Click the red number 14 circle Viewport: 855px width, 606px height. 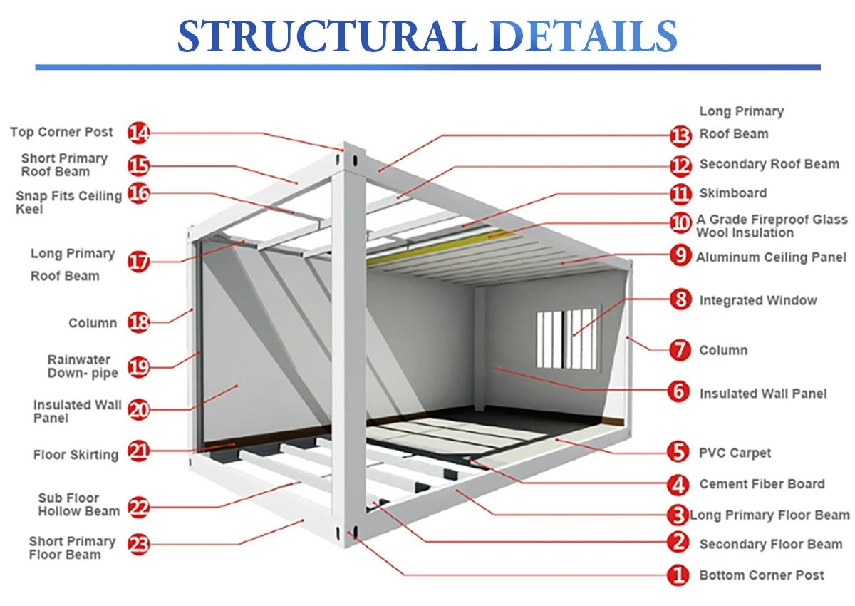[x=138, y=133]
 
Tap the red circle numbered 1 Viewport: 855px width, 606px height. [x=678, y=575]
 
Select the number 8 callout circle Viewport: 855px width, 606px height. [x=680, y=299]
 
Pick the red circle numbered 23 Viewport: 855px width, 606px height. [x=138, y=544]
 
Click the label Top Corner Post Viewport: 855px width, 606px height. [x=61, y=132]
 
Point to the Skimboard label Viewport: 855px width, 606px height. [x=733, y=193]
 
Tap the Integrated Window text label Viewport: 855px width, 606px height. [x=758, y=301]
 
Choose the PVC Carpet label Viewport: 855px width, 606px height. [x=735, y=453]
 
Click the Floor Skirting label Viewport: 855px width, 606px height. [x=76, y=455]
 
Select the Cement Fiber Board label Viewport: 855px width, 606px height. [x=762, y=484]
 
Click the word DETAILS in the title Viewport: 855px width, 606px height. [x=584, y=36]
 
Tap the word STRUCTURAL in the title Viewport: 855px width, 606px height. [x=328, y=36]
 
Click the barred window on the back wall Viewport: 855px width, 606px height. [x=567, y=339]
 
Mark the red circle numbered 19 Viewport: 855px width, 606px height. [x=138, y=367]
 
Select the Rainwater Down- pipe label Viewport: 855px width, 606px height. [x=83, y=366]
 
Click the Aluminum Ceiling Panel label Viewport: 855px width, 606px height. [x=771, y=257]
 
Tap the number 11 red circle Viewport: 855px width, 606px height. [x=680, y=194]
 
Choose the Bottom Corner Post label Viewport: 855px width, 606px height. [x=762, y=575]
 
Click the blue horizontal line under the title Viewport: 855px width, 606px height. [x=428, y=67]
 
